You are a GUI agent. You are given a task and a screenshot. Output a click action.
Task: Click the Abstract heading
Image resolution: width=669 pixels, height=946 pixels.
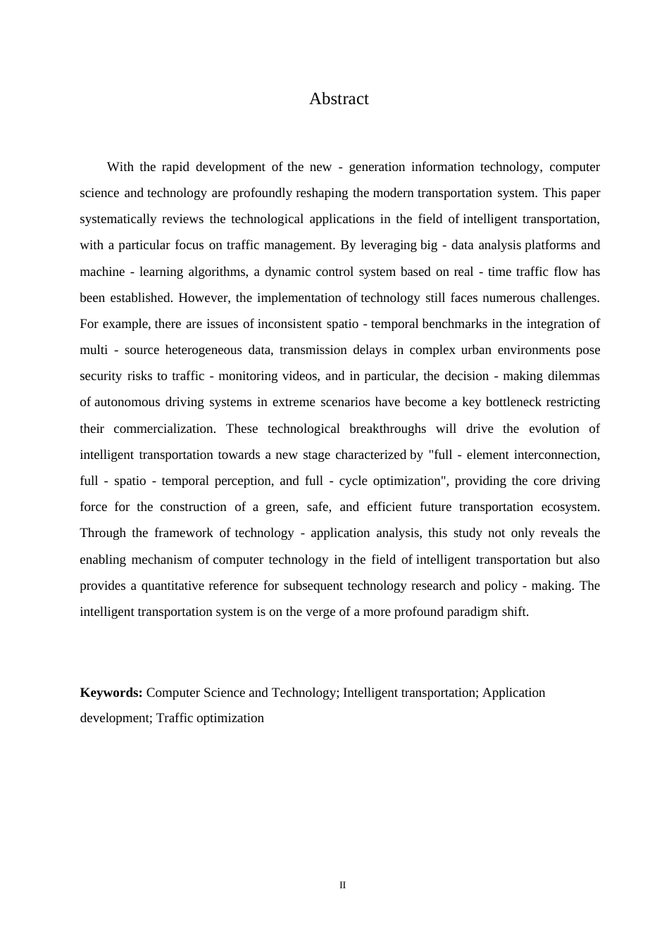pos(339,99)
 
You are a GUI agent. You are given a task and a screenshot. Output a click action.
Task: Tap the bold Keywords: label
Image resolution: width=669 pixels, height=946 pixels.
pos(111,693)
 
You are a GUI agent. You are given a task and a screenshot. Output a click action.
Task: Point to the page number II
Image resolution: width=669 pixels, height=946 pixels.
pos(342,885)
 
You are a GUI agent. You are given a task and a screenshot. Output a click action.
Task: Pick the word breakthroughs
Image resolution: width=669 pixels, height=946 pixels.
pos(387,429)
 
